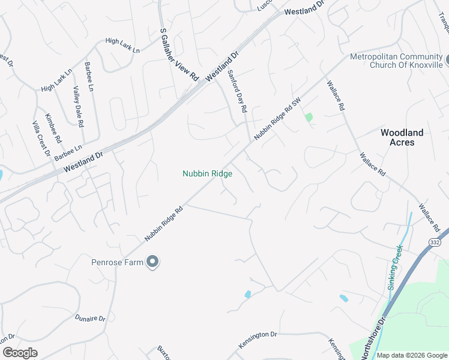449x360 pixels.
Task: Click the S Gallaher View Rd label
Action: click(179, 55)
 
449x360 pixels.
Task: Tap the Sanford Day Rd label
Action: click(237, 92)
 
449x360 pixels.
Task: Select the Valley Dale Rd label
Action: click(77, 106)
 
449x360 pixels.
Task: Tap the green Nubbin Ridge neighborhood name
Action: click(207, 173)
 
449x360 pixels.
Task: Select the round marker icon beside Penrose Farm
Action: click(152, 262)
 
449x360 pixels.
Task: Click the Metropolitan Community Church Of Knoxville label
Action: click(397, 61)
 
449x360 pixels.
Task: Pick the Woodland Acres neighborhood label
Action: click(402, 137)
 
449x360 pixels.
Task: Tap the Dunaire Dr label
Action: click(90, 317)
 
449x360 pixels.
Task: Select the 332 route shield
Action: click(435, 241)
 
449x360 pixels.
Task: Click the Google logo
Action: click(20, 353)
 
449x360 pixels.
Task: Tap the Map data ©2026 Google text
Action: click(412, 355)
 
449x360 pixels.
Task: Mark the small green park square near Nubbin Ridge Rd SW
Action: click(309, 117)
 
